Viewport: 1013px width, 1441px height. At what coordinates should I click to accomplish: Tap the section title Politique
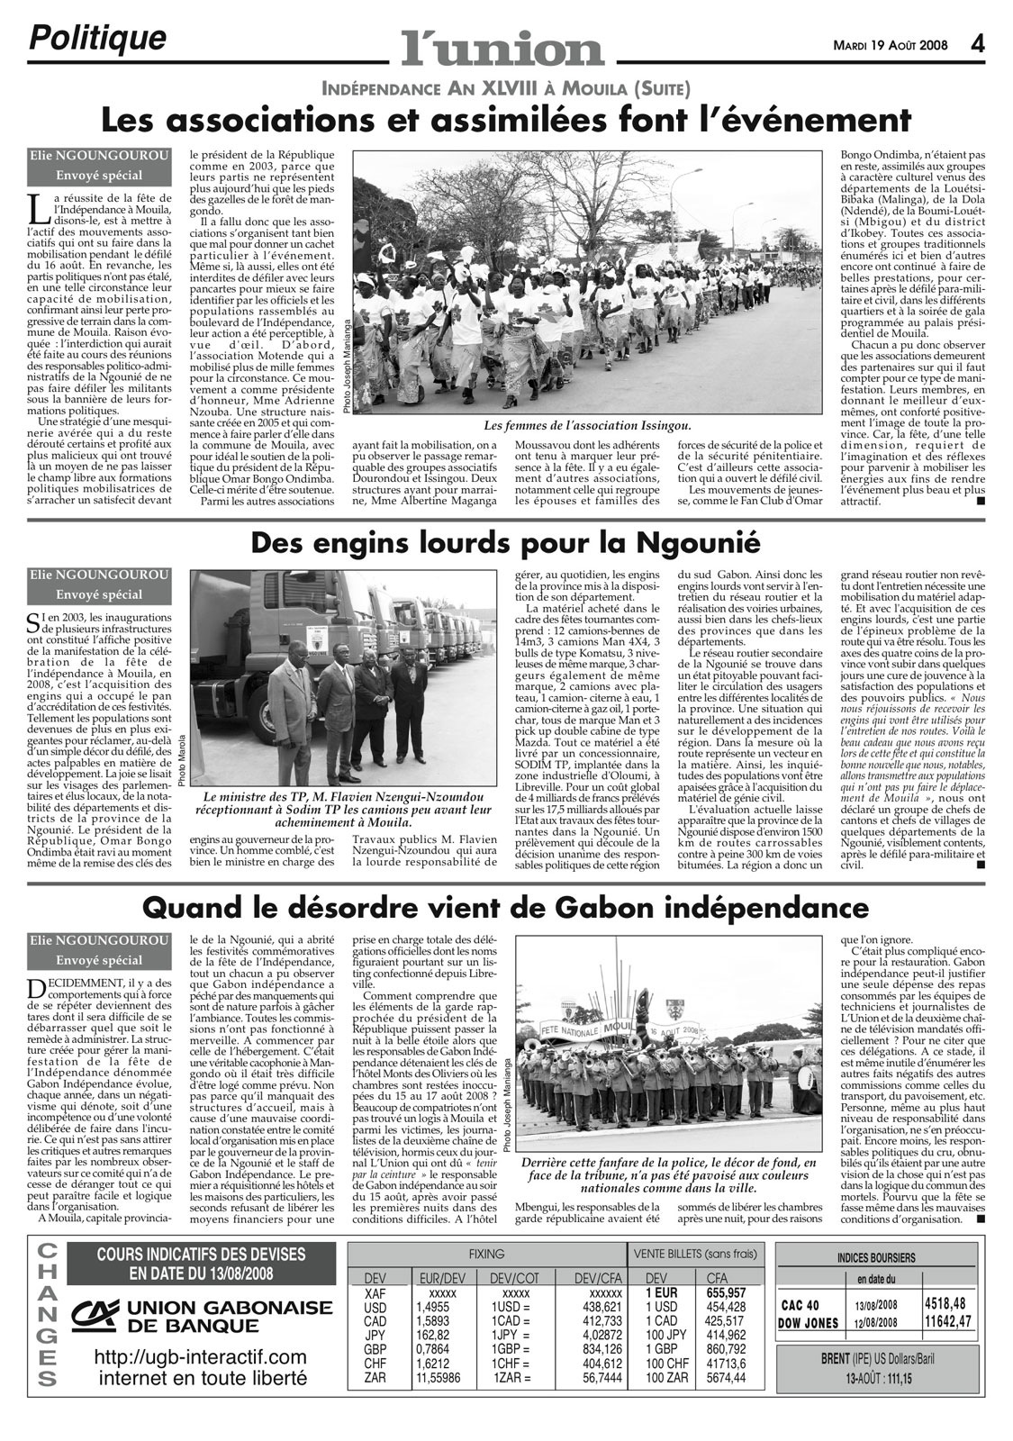pos(98,38)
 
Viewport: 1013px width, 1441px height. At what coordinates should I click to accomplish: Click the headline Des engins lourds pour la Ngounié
pos(505,543)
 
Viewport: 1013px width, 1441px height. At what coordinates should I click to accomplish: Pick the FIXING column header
pos(486,1254)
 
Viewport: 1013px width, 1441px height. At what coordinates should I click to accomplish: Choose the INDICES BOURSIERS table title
pos(875,1257)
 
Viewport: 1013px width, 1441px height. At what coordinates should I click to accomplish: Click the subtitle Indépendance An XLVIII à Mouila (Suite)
pos(505,88)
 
